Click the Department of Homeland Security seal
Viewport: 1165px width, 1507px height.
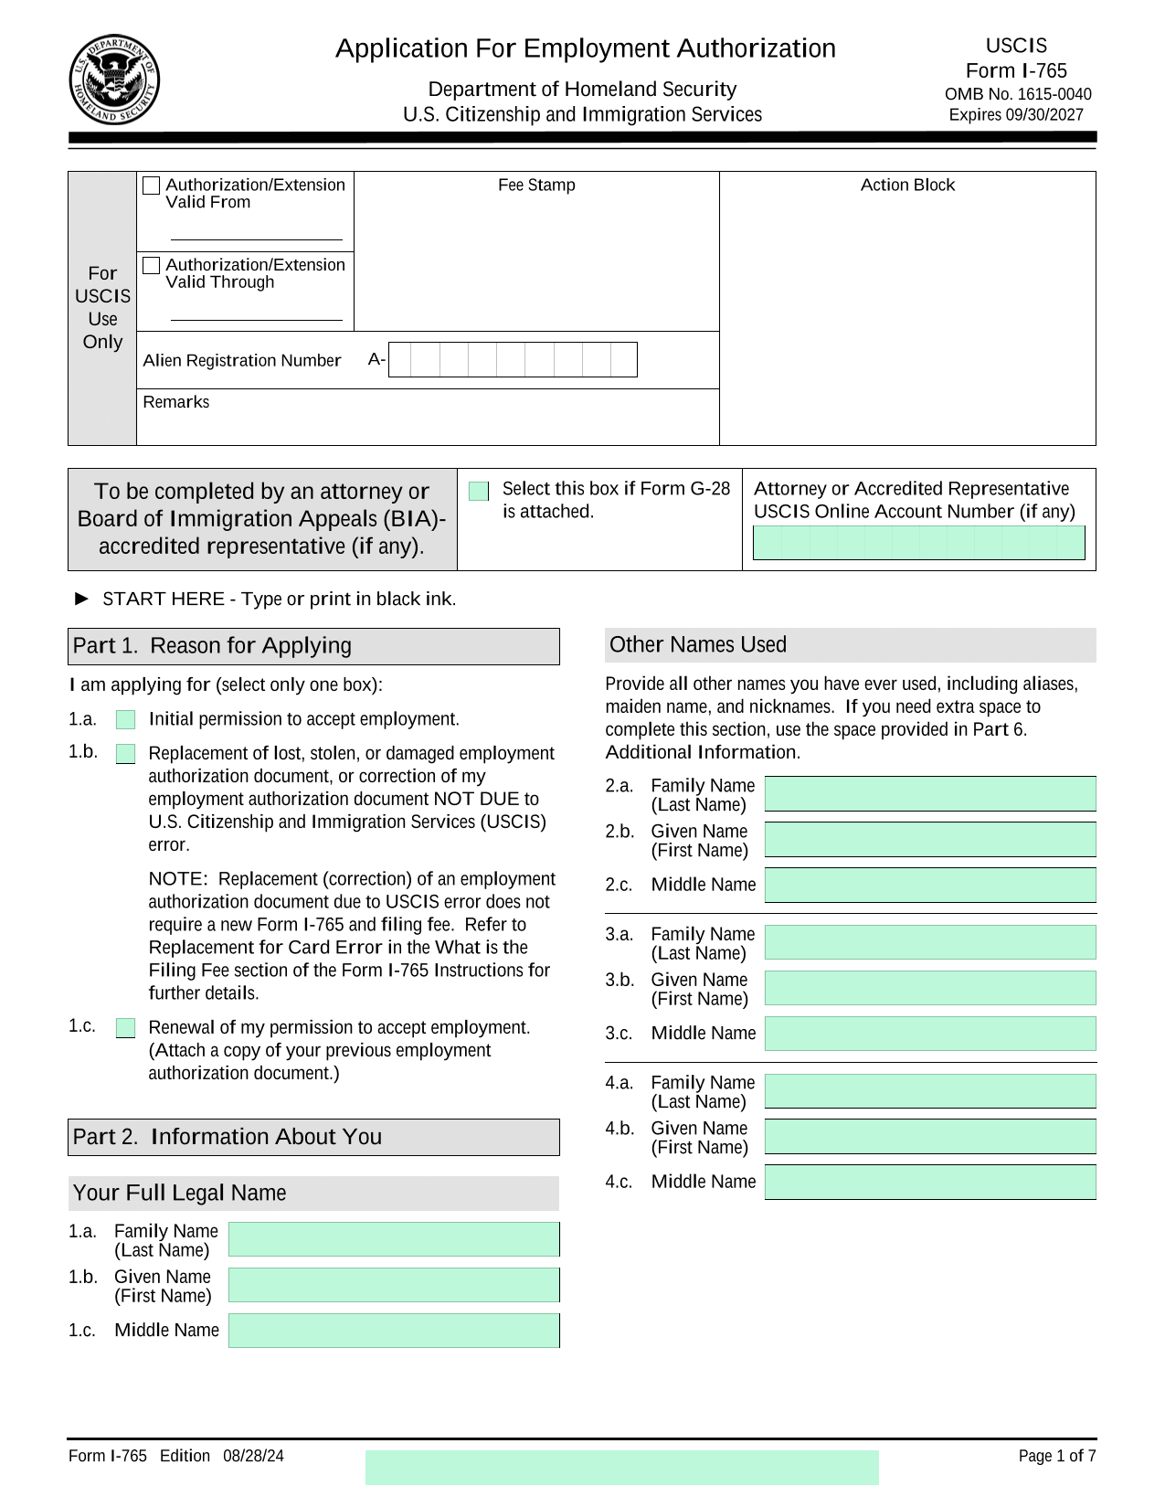(114, 80)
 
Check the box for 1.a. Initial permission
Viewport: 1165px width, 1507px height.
(126, 720)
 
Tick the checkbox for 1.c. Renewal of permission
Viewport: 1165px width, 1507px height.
(126, 1028)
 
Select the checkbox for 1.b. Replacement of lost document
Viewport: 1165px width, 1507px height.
(126, 754)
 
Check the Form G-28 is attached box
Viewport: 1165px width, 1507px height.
(479, 492)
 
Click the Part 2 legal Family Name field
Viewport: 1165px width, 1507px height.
(394, 1239)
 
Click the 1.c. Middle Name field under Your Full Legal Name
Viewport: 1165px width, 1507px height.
(394, 1331)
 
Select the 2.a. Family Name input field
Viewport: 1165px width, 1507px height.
(930, 793)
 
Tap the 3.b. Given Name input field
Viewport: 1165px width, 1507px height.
(930, 988)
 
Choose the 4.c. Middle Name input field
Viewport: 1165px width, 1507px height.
(930, 1182)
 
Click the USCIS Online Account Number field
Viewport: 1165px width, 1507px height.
(918, 543)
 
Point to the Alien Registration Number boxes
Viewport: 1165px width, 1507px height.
(513, 360)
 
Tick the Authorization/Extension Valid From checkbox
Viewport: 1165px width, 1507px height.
(152, 186)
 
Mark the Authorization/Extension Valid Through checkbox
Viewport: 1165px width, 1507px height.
(152, 265)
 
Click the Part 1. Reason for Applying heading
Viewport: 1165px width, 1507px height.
(212, 646)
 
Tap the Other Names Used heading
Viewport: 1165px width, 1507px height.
(698, 645)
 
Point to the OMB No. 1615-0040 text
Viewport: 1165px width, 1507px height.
(1018, 94)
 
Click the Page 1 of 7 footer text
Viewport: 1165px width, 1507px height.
(1057, 1456)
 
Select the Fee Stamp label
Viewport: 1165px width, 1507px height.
(536, 186)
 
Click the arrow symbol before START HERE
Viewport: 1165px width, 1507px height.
(82, 599)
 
